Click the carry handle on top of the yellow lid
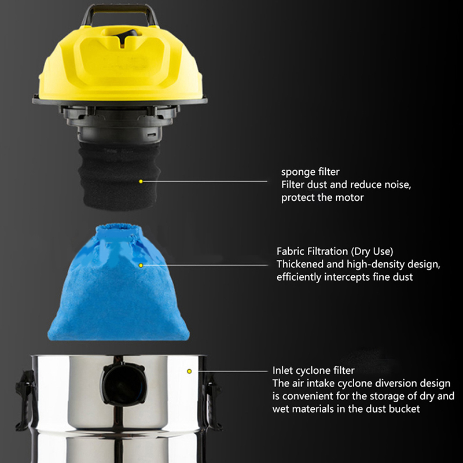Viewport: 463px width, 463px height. point(120,8)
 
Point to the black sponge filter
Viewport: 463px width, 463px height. point(119,176)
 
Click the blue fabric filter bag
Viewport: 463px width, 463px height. point(119,283)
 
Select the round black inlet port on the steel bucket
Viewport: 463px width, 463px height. point(123,384)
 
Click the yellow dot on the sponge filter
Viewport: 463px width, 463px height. point(141,181)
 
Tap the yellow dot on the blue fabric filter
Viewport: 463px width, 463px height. point(141,266)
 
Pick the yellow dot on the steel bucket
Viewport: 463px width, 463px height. point(189,371)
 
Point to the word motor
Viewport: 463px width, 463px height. point(351,197)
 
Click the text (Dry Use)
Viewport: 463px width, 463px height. point(372,251)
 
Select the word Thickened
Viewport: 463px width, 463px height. point(300,264)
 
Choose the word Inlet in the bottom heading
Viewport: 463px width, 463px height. point(282,370)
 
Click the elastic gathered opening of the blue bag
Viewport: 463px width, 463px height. point(119,229)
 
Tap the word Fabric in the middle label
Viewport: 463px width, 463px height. point(290,251)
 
